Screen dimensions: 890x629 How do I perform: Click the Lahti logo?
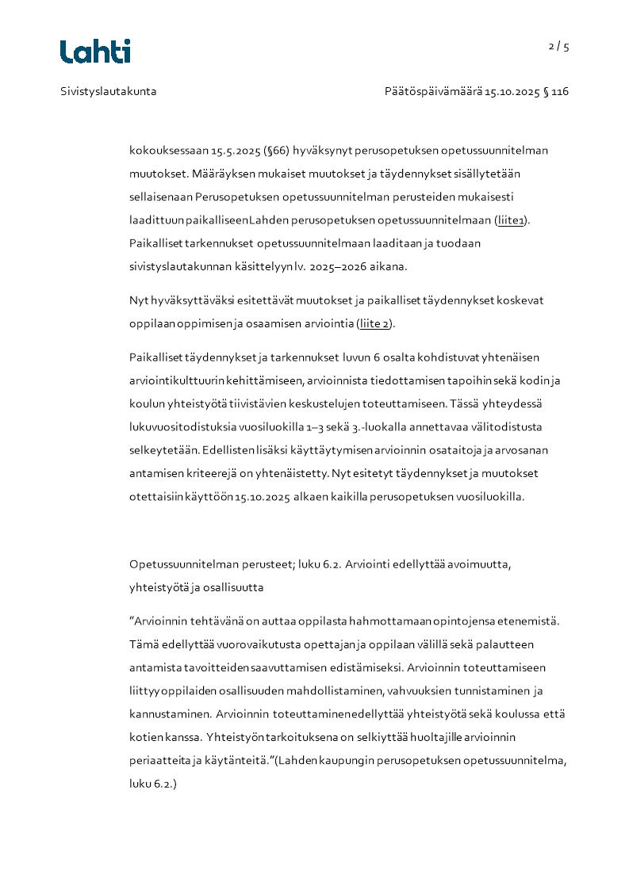coord(95,52)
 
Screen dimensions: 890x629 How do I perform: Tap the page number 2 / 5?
coord(558,47)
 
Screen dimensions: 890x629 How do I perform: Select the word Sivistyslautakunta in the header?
coord(109,91)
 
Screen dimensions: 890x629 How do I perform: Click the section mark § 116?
coord(556,91)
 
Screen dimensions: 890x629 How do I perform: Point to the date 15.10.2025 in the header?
coord(512,91)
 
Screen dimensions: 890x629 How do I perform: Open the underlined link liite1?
coord(511,220)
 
